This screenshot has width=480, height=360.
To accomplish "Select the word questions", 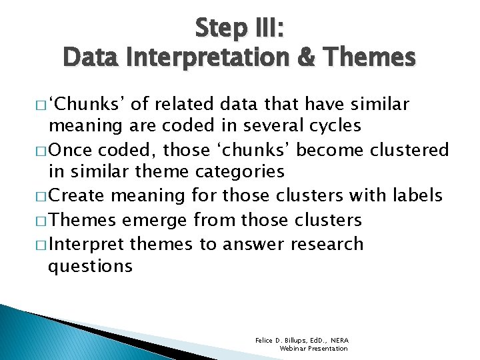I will [x=90, y=266].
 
